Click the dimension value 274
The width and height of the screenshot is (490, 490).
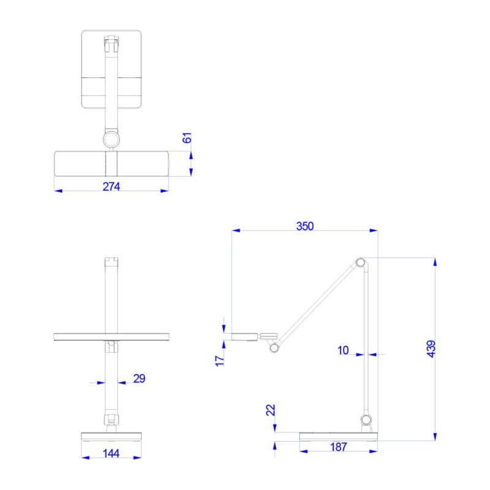pyautogui.click(x=111, y=187)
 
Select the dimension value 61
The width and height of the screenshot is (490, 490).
pyautogui.click(x=188, y=138)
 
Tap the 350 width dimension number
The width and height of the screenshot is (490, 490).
pyautogui.click(x=304, y=226)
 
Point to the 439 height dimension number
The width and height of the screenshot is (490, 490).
pyautogui.click(x=431, y=349)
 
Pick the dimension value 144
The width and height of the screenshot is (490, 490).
pyautogui.click(x=111, y=453)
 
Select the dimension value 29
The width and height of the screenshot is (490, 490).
pyautogui.click(x=139, y=379)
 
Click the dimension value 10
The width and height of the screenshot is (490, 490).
pyautogui.click(x=343, y=350)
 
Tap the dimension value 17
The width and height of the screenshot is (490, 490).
pyautogui.click(x=221, y=360)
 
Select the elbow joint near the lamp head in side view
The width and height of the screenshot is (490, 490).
pyautogui.click(x=274, y=348)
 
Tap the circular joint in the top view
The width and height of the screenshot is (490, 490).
pyautogui.click(x=111, y=139)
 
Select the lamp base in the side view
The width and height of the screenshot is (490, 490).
pyautogui.click(x=338, y=436)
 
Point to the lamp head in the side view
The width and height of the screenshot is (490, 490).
pyautogui.click(x=246, y=335)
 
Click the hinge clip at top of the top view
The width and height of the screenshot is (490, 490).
pyautogui.click(x=111, y=43)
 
